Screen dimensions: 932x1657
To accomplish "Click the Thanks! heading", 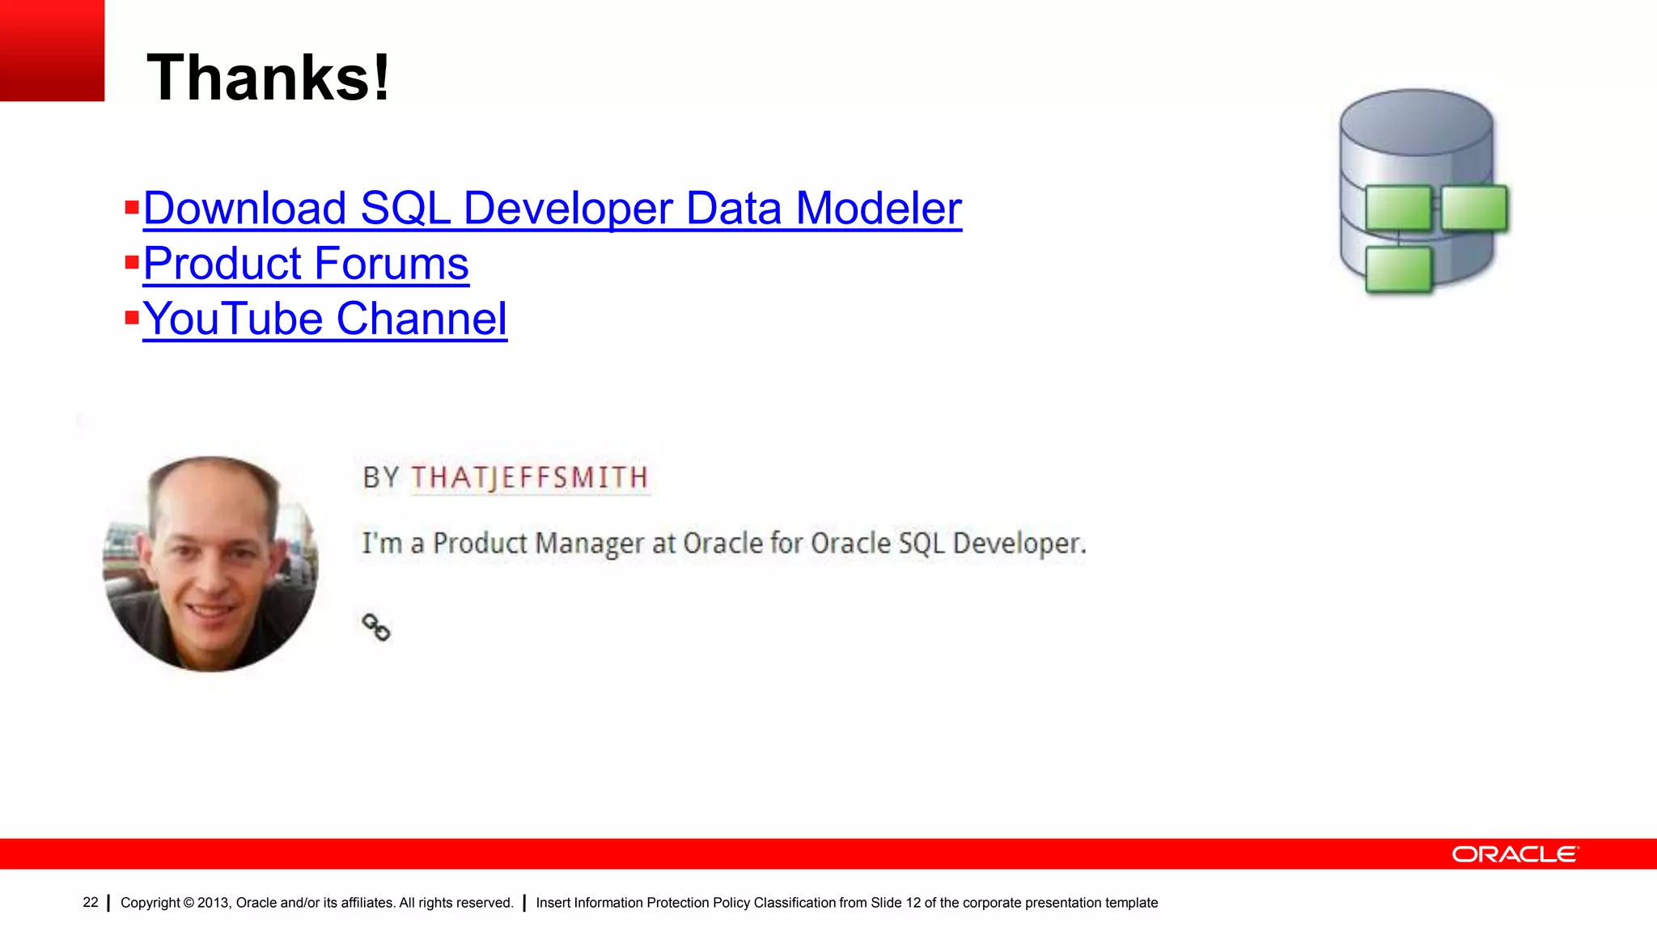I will (x=268, y=78).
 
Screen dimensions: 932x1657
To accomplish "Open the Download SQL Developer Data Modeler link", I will (x=552, y=208).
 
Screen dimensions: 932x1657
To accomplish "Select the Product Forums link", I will (x=306, y=263).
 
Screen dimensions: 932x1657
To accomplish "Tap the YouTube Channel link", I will (x=324, y=318).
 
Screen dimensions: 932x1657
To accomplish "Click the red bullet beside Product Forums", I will (x=132, y=262).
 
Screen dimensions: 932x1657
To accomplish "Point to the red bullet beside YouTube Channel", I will (x=132, y=317).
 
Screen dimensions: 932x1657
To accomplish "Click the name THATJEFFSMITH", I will (x=529, y=477).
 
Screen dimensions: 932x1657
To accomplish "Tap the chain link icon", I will (x=375, y=627).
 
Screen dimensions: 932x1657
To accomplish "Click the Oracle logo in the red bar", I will (x=1515, y=854).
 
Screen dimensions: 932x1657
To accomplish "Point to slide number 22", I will (x=91, y=902).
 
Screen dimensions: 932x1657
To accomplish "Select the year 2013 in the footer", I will (x=213, y=903).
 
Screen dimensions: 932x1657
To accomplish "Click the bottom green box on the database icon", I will (x=1398, y=269).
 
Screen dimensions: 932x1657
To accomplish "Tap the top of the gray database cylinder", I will (x=1416, y=121).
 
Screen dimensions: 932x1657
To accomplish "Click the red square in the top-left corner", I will (x=52, y=50).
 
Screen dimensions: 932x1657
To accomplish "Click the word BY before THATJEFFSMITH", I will (x=380, y=477).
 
